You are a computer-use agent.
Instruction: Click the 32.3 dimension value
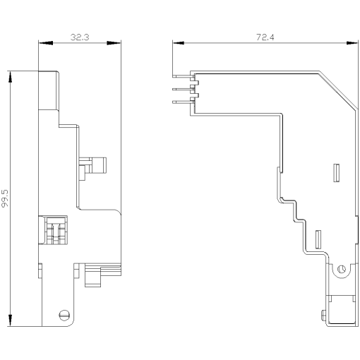click(79, 37)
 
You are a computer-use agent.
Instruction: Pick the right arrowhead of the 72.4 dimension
click(353, 44)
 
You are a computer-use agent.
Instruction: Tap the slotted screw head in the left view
click(65, 315)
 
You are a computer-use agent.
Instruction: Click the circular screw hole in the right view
click(342, 268)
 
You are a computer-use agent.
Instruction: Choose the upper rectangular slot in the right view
click(335, 172)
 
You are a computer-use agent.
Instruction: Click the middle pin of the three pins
click(182, 88)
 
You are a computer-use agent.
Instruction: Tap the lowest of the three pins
click(182, 102)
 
